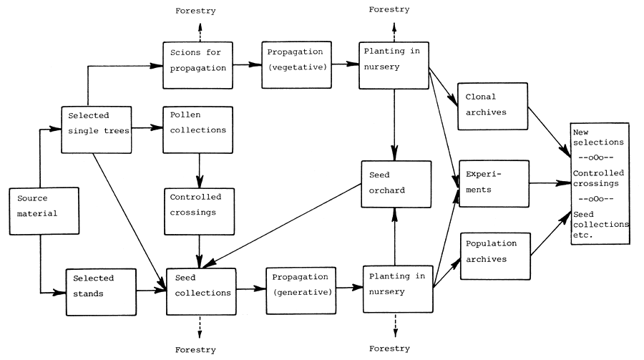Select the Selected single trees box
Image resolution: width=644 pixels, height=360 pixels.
click(x=97, y=130)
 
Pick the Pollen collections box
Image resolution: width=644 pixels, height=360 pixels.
click(x=197, y=130)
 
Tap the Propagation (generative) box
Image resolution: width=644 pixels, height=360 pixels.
click(x=300, y=291)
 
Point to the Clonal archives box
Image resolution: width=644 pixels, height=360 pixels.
click(x=492, y=106)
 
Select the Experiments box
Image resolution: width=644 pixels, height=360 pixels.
click(x=492, y=184)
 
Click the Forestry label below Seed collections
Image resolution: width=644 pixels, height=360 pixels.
click(x=196, y=349)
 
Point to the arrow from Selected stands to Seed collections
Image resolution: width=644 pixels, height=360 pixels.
click(x=149, y=291)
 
